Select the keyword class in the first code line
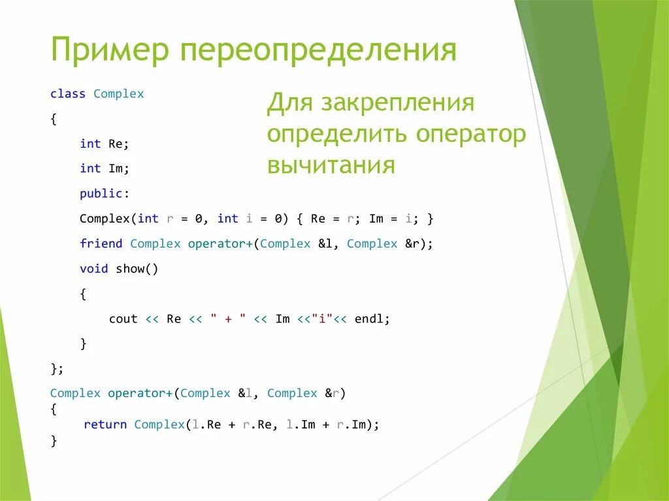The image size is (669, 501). [x=68, y=93]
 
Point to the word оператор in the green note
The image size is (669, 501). [x=469, y=134]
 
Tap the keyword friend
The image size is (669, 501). [x=101, y=244]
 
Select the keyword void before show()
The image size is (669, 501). [x=94, y=268]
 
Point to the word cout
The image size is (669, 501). [x=123, y=319]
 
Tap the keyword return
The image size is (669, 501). [x=105, y=425]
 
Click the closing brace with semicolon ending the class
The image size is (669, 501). [x=57, y=368]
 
